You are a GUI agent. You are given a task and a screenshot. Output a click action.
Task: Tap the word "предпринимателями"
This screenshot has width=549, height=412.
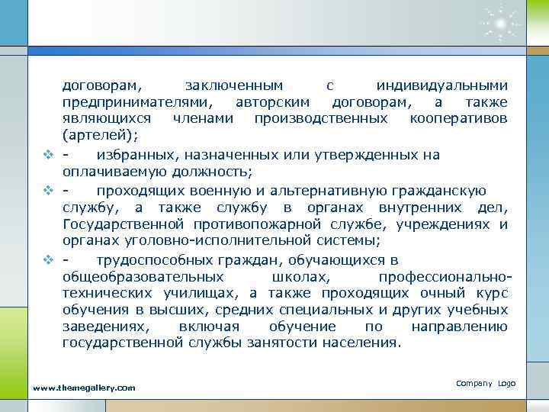[x=138, y=102]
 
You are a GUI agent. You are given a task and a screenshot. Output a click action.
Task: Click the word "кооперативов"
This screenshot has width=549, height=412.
[x=459, y=119]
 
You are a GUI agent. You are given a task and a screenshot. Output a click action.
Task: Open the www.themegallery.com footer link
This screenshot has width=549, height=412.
[x=84, y=388]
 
